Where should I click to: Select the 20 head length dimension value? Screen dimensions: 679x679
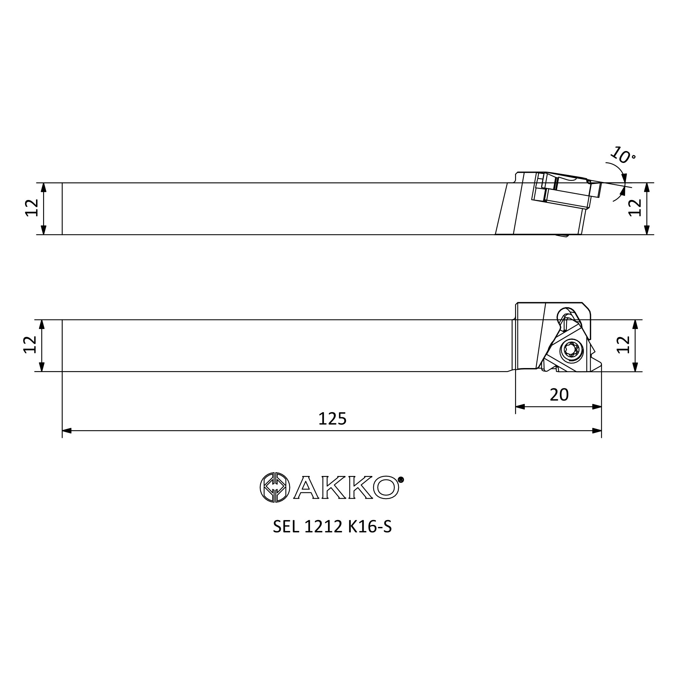click(x=559, y=395)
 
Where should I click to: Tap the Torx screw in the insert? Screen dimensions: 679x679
click(x=571, y=349)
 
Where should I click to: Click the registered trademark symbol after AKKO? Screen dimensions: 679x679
click(x=401, y=479)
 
